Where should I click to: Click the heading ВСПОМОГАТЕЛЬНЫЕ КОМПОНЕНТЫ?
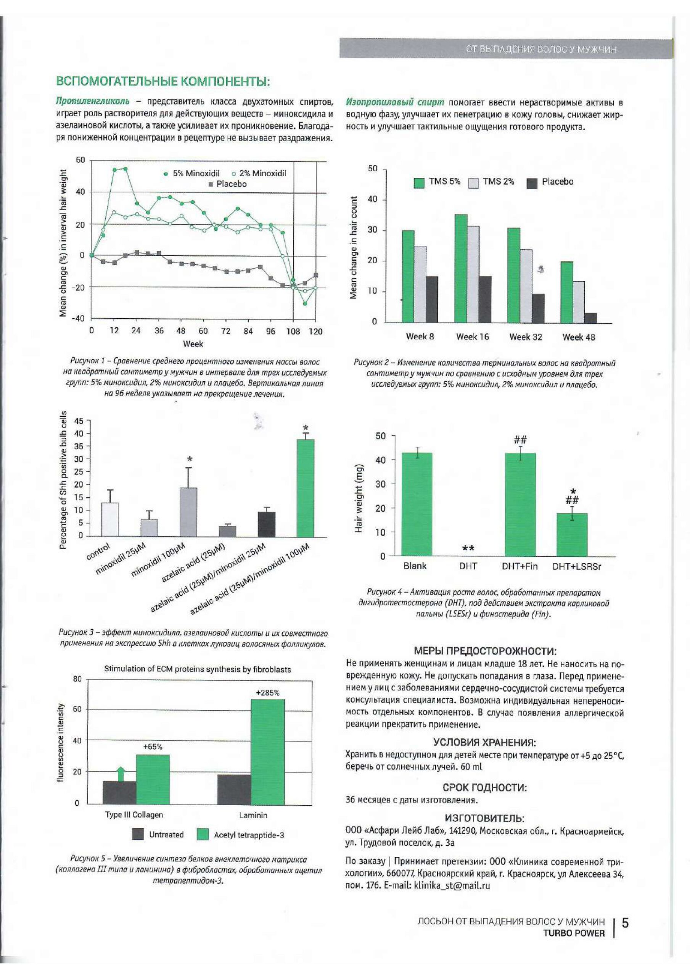click(x=163, y=81)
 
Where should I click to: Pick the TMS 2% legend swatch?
click(x=473, y=183)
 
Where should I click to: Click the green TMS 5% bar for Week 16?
click(x=461, y=268)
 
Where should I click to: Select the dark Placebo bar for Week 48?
click(x=590, y=318)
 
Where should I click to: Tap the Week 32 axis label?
click(x=525, y=337)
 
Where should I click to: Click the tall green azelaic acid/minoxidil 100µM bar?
click(x=305, y=488)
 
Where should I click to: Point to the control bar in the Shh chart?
click(x=110, y=519)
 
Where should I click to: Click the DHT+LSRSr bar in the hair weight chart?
click(x=572, y=534)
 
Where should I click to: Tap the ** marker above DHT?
click(x=468, y=549)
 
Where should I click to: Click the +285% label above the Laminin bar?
click(x=268, y=693)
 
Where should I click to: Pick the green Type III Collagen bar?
click(x=152, y=780)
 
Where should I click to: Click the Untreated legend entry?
click(x=158, y=834)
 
